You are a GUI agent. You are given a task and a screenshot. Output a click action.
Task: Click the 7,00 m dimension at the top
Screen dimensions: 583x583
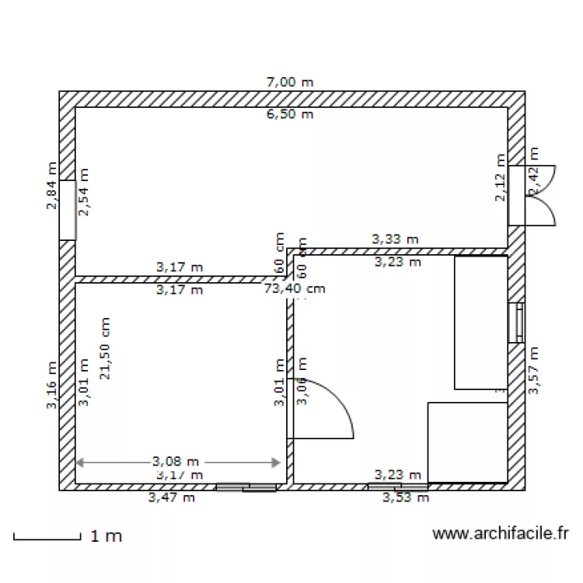click(290, 82)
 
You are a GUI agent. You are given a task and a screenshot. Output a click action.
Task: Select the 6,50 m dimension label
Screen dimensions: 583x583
click(290, 114)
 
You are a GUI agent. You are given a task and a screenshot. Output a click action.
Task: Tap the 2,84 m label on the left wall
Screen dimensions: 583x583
click(52, 187)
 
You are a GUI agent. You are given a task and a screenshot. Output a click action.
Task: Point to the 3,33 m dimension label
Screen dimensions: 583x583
click(396, 239)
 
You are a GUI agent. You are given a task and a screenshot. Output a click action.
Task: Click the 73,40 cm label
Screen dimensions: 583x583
click(294, 289)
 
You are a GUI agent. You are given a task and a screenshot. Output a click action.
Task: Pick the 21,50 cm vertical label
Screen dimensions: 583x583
click(104, 348)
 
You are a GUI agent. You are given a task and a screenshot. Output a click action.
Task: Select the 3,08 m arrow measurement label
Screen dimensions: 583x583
click(176, 461)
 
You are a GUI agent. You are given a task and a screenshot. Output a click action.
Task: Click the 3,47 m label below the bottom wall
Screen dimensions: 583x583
click(171, 498)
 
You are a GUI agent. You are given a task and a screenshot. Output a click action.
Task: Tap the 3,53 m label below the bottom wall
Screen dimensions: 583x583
click(406, 498)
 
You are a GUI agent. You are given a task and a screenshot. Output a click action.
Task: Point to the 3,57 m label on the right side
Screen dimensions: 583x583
click(534, 371)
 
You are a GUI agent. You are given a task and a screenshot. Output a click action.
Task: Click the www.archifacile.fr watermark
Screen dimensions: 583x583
click(500, 533)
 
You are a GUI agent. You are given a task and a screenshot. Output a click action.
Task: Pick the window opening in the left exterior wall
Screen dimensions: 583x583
click(68, 210)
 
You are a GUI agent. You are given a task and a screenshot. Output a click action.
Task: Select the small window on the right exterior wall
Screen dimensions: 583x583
click(516, 322)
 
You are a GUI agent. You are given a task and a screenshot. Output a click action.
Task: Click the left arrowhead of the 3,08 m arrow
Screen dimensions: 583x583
click(79, 463)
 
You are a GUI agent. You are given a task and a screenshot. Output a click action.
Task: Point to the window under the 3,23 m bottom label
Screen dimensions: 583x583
click(398, 487)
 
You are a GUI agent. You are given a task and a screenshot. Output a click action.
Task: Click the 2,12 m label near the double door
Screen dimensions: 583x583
click(501, 187)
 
